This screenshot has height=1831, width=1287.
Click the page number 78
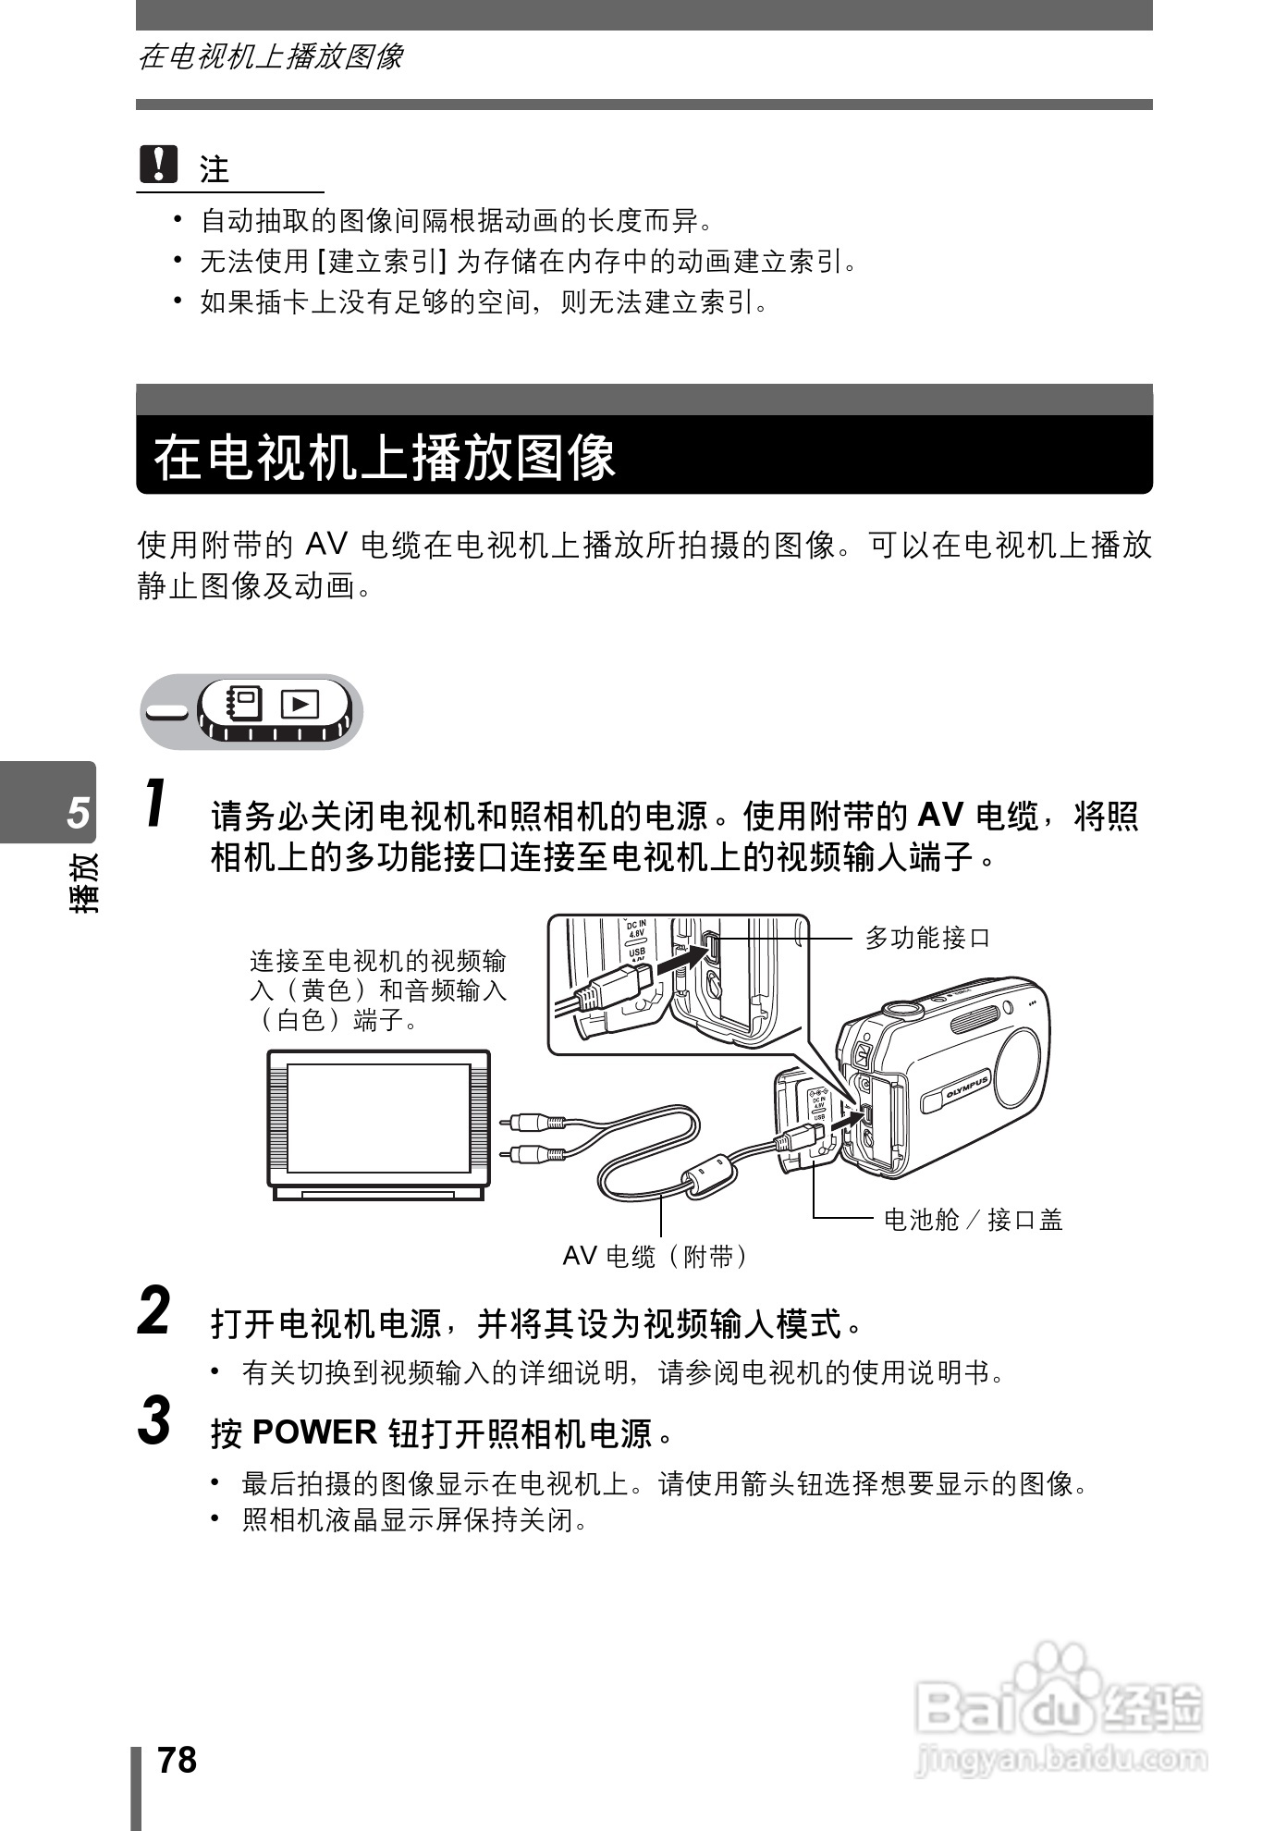click(177, 1760)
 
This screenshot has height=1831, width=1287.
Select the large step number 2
click(154, 1311)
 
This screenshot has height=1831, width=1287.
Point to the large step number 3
click(154, 1420)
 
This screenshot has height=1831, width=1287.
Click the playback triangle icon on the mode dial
click(300, 705)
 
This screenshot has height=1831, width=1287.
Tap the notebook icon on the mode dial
click(244, 704)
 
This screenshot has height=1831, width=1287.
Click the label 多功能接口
click(927, 938)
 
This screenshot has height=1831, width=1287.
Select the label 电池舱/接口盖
click(973, 1220)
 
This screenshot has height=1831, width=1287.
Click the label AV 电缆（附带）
click(657, 1256)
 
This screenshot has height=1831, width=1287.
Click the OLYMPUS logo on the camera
click(967, 1088)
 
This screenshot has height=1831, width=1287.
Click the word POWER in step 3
click(314, 1432)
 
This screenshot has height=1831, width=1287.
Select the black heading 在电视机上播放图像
click(385, 457)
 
